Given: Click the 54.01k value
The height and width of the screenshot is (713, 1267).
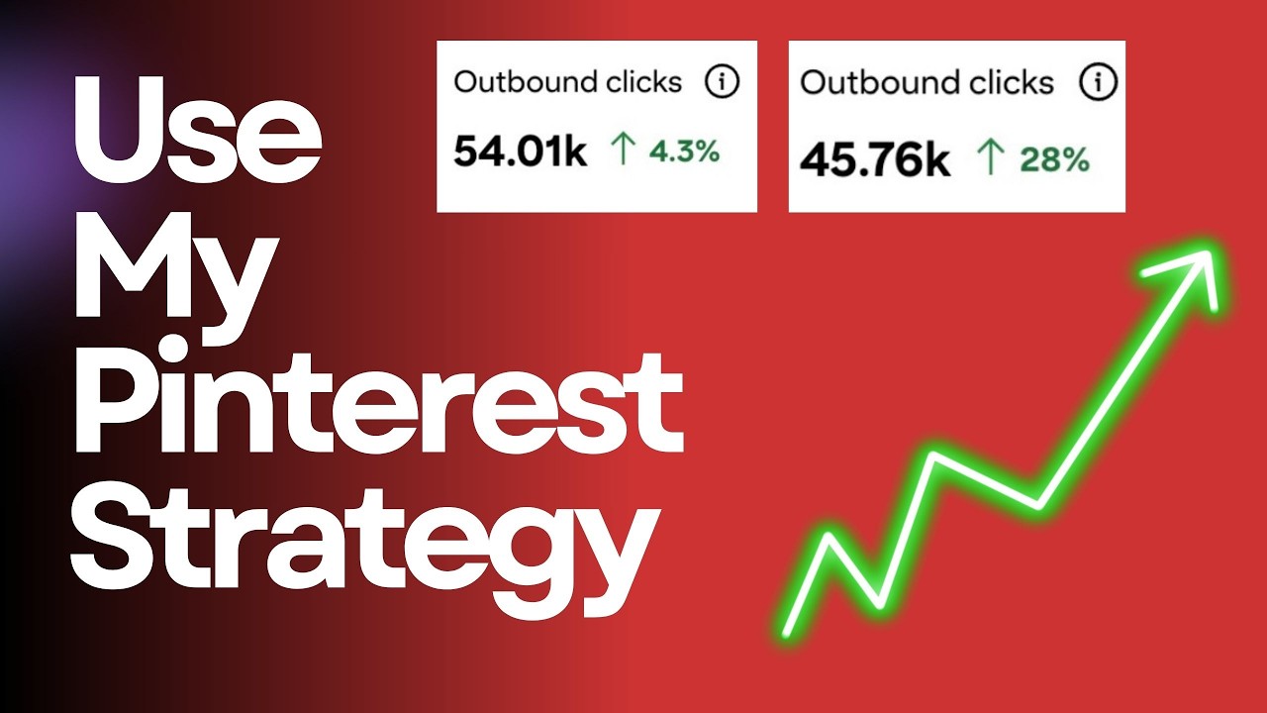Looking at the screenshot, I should pos(520,153).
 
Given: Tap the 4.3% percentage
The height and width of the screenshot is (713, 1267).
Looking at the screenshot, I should pos(684,153).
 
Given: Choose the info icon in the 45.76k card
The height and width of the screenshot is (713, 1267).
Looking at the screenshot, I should pos(1095,83).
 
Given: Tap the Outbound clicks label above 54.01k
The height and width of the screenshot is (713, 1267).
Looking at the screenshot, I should pos(567,82).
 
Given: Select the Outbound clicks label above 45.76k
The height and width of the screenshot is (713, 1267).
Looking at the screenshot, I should pos(926,82).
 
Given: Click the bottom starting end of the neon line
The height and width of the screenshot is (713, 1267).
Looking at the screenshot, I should pos(788,630).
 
